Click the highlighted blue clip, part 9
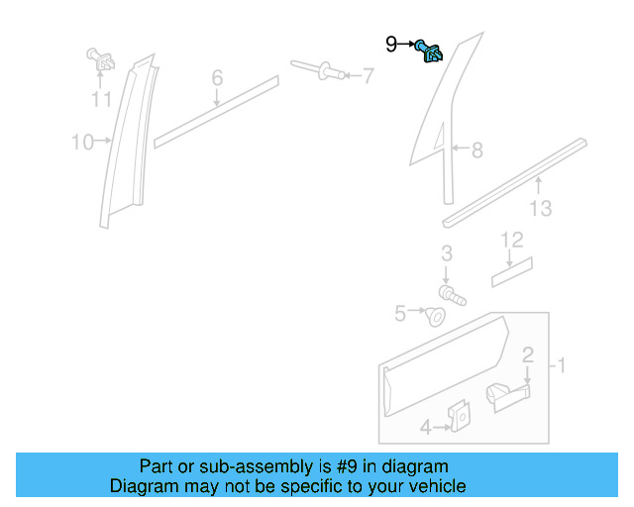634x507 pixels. click(x=430, y=51)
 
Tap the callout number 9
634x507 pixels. click(x=391, y=44)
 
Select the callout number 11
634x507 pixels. click(x=101, y=99)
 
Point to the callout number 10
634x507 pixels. click(x=81, y=143)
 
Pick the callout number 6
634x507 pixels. click(x=217, y=78)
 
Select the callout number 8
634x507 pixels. click(x=476, y=151)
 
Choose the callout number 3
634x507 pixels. click(x=447, y=253)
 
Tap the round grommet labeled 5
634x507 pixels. click(x=435, y=316)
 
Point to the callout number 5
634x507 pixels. click(x=400, y=314)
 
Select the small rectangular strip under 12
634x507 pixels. click(x=512, y=270)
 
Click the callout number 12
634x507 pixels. click(x=511, y=240)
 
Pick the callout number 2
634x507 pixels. click(x=528, y=355)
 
